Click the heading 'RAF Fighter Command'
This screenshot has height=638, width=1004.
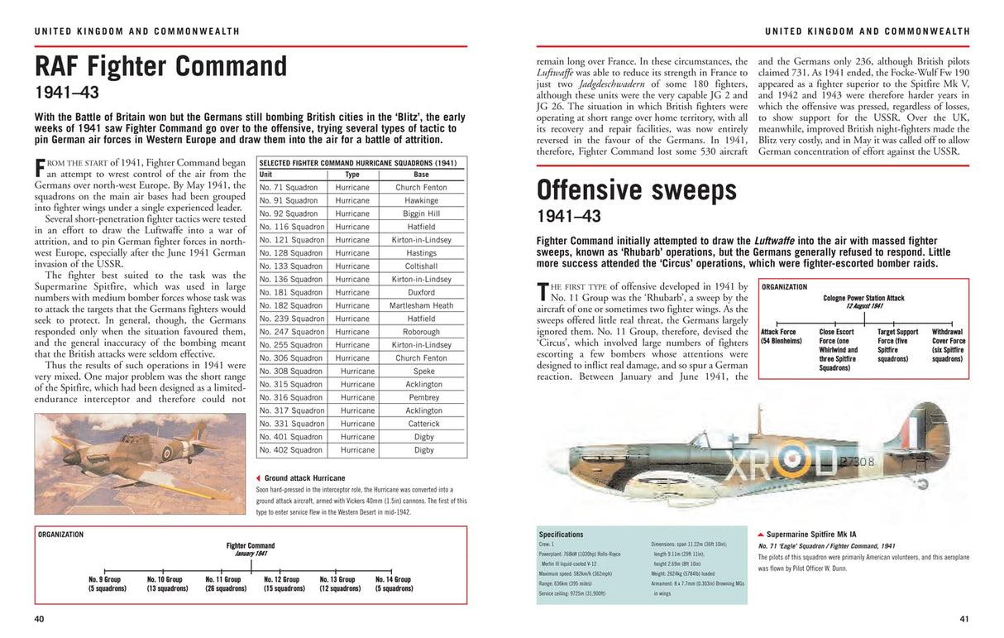[160, 67]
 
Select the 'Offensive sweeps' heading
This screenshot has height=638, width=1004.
[636, 191]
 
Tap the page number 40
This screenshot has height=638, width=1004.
[39, 619]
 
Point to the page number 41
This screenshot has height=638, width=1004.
[963, 619]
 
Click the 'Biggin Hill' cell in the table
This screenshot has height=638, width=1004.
[422, 213]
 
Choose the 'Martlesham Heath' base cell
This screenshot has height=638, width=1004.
[422, 305]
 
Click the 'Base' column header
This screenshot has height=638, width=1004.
[422, 175]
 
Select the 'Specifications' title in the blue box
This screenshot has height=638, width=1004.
[561, 535]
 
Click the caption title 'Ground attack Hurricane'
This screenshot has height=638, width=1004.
[304, 478]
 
